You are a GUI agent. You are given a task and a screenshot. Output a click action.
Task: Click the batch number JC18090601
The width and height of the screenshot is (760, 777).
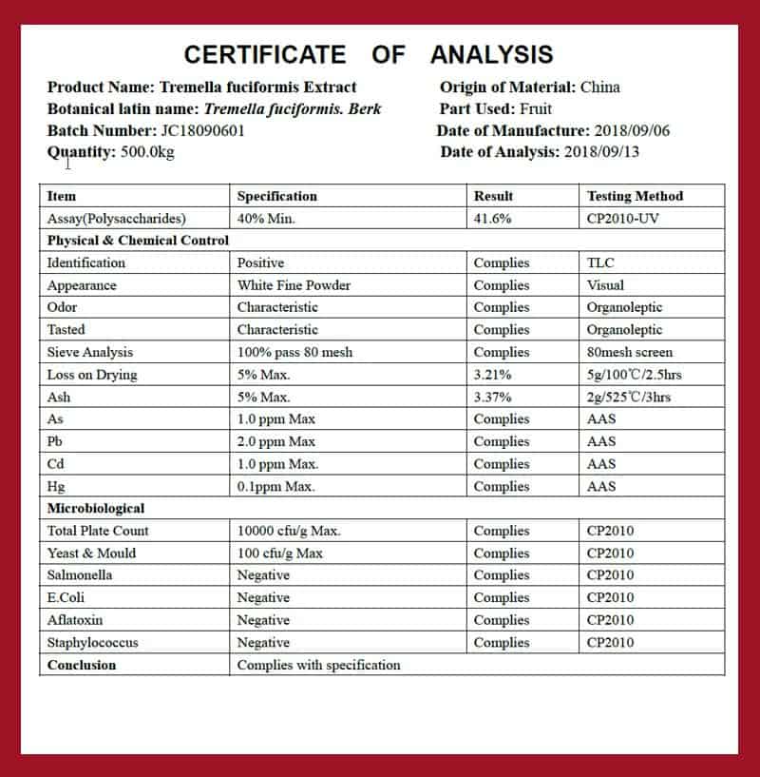tap(202, 130)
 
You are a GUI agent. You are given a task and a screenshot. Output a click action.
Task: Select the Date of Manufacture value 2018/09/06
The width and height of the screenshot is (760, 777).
tap(632, 130)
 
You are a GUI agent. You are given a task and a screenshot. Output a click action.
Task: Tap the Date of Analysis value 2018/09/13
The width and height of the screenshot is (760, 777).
tap(601, 152)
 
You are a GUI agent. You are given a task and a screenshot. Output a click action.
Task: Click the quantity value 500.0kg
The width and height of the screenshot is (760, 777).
tap(148, 152)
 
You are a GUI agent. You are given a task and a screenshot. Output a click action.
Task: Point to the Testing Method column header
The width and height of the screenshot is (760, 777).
tap(635, 196)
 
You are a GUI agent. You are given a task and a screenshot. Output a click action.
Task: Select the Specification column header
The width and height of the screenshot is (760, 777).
tap(276, 196)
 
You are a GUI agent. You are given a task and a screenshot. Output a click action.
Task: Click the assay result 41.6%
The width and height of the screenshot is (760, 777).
tap(492, 218)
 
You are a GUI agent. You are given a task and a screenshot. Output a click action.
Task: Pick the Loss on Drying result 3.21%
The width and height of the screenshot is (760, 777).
tap(492, 375)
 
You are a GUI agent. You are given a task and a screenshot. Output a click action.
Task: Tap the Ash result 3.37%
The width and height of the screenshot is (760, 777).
tap(492, 397)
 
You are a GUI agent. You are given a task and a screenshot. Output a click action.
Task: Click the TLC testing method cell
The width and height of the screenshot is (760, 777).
tap(600, 262)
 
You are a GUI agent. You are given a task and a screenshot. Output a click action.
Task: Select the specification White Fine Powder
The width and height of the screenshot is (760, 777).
tap(294, 285)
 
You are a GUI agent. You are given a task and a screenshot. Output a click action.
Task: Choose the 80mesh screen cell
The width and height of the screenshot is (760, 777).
tap(629, 352)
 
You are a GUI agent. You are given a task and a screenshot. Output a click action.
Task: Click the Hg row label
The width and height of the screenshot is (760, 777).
tap(55, 486)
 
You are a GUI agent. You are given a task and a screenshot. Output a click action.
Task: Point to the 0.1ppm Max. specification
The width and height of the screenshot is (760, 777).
tap(275, 486)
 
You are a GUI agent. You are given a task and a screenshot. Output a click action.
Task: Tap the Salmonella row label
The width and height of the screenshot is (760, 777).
tap(80, 575)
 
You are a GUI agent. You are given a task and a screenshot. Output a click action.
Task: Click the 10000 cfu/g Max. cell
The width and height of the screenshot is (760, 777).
tap(288, 531)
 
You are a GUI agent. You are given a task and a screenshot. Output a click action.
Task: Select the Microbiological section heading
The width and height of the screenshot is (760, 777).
tap(96, 509)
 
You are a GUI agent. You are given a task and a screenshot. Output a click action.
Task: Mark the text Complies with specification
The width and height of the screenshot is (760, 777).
tap(318, 665)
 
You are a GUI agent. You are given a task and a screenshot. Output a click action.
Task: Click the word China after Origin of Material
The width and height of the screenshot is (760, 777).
tap(599, 87)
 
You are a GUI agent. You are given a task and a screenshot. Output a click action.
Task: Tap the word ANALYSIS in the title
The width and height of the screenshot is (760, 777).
tap(491, 53)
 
